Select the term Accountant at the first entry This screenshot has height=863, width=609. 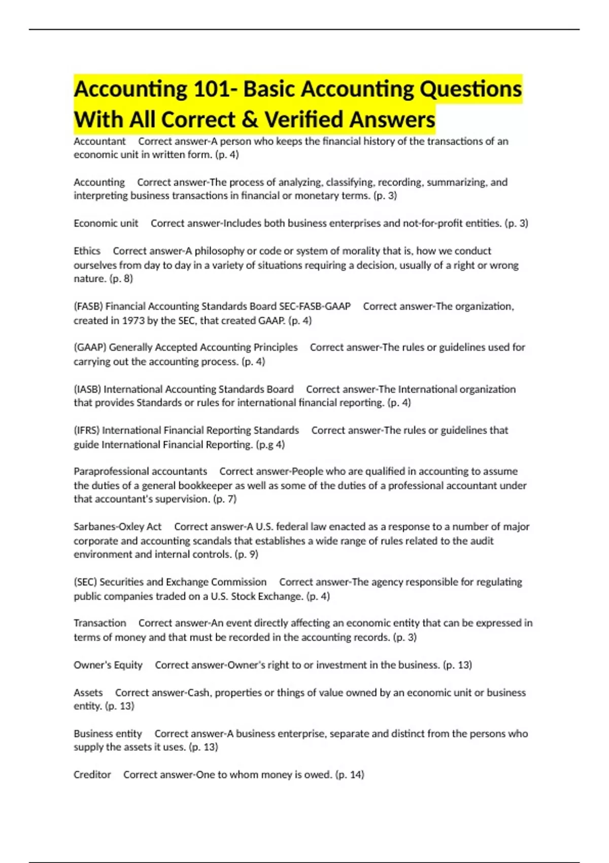[99, 141]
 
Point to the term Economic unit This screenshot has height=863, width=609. [106, 223]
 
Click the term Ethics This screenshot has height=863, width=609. [87, 251]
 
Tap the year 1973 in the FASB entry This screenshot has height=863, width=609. [137, 320]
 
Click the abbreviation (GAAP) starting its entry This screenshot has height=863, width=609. [90, 347]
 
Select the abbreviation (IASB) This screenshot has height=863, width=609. [87, 389]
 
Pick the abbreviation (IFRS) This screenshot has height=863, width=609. [87, 430]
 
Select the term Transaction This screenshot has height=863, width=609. [99, 623]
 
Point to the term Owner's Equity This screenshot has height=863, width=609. [108, 665]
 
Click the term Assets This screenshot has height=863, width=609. [88, 692]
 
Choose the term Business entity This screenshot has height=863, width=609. [108, 734]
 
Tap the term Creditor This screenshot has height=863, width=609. [92, 775]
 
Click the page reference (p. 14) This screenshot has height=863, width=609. [350, 775]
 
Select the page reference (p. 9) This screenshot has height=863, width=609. [246, 554]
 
